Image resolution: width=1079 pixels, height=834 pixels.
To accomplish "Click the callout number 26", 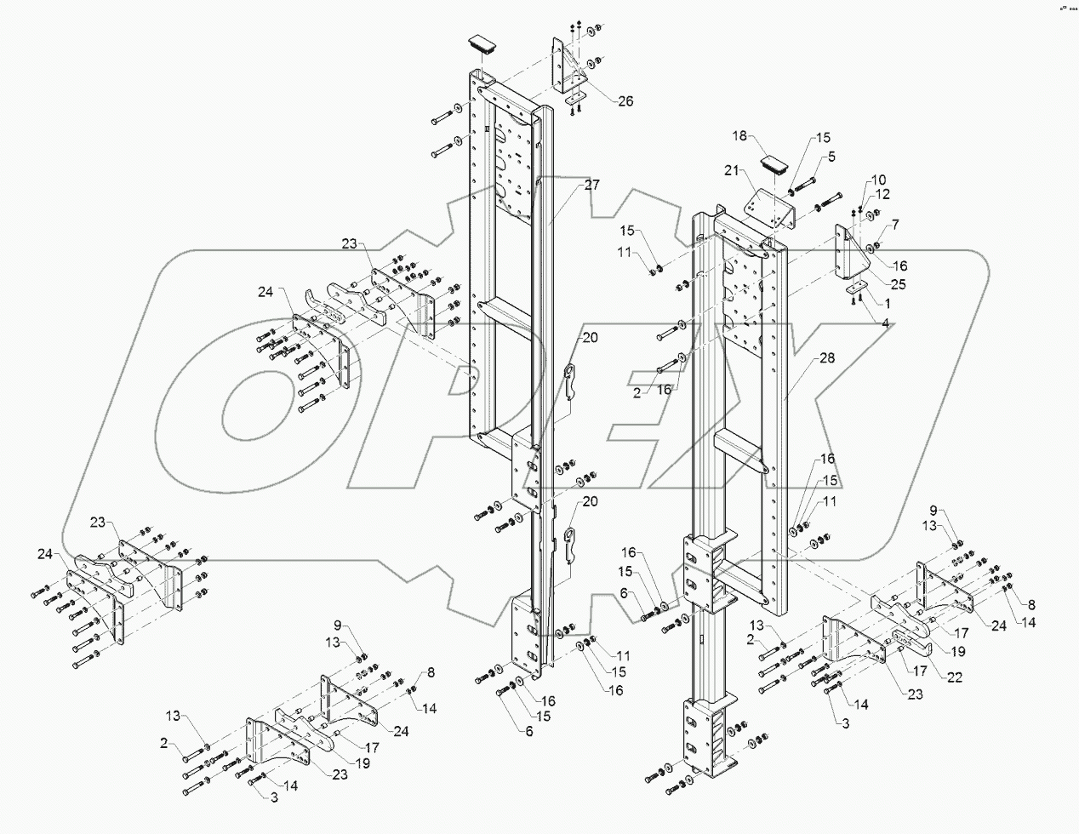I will [625, 101].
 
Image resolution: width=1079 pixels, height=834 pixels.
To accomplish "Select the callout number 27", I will [591, 184].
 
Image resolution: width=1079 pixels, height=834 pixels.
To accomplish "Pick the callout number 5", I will [831, 156].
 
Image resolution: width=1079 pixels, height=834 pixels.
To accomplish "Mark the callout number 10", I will [878, 180].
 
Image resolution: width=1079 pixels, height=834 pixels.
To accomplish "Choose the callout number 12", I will [881, 194].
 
